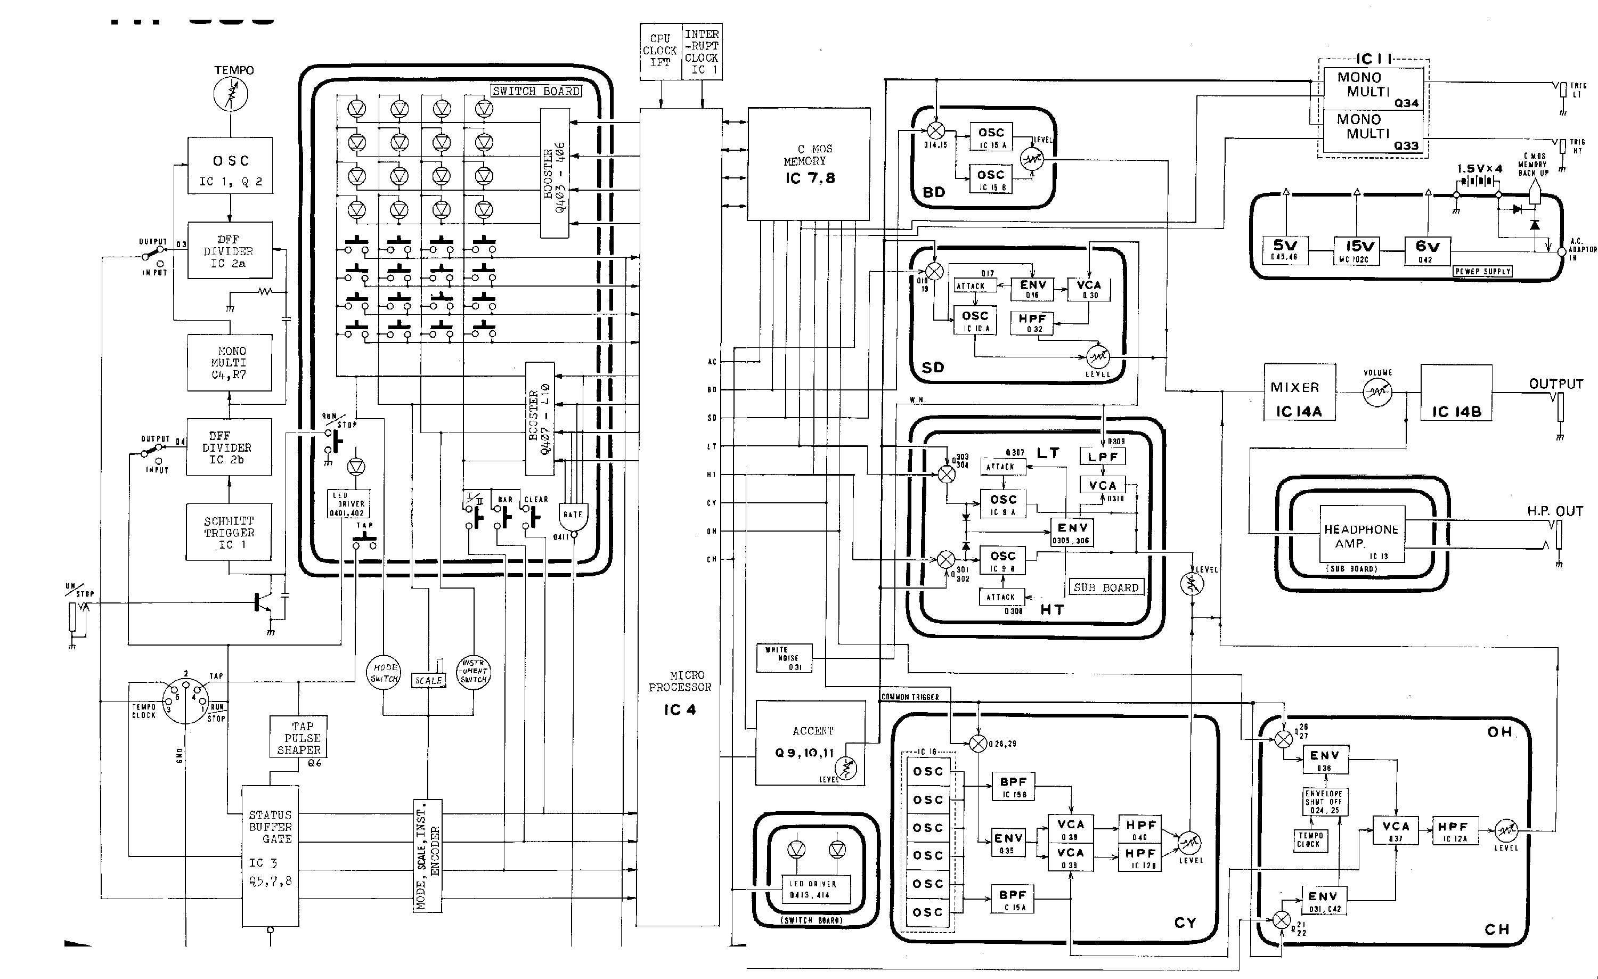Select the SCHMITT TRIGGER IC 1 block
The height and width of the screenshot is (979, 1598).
[x=229, y=532]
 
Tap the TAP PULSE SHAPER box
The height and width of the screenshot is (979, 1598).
[x=298, y=737]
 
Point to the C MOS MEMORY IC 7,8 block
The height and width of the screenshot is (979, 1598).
[x=808, y=164]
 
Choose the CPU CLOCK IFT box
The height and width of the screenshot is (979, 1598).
[x=660, y=52]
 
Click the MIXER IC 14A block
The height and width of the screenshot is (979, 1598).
[x=1299, y=392]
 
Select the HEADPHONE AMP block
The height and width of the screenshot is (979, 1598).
[x=1362, y=534]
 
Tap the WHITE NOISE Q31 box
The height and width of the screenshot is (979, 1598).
[x=784, y=658]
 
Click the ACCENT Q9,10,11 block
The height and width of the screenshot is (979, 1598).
[x=810, y=743]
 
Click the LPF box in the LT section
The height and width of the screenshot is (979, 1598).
[x=1103, y=456]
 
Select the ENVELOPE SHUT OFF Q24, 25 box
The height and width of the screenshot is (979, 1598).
[x=1324, y=802]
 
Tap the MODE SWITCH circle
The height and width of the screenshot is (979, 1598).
[x=384, y=673]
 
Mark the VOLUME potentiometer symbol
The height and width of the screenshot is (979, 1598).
[x=1377, y=392]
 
